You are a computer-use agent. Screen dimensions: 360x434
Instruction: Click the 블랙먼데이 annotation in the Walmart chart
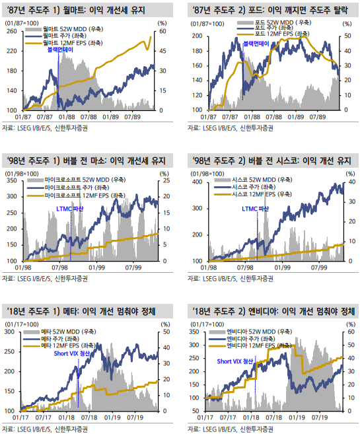pos(60,50)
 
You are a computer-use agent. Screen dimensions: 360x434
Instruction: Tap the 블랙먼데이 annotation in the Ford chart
pos(256,44)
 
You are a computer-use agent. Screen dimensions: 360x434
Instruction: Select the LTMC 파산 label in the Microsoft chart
pos(70,209)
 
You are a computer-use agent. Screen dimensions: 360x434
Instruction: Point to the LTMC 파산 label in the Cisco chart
pos(255,209)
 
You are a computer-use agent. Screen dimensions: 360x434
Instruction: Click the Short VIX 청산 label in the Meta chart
pos(71,353)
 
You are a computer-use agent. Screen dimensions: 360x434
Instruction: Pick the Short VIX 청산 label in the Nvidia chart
pos(235,361)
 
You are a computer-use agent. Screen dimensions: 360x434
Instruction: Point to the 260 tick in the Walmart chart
pos(12,31)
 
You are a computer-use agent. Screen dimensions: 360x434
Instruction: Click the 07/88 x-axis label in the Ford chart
pos(273,117)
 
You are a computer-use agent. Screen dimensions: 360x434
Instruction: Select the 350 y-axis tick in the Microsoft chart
pos(12,180)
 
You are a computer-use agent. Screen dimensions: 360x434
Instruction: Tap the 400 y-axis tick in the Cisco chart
pos(198,182)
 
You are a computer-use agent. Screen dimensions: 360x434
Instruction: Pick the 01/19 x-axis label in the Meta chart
pos(112,417)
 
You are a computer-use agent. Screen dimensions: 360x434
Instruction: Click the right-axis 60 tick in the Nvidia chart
pos(351,332)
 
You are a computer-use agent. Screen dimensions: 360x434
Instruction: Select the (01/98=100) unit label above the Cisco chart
pos(207,174)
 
